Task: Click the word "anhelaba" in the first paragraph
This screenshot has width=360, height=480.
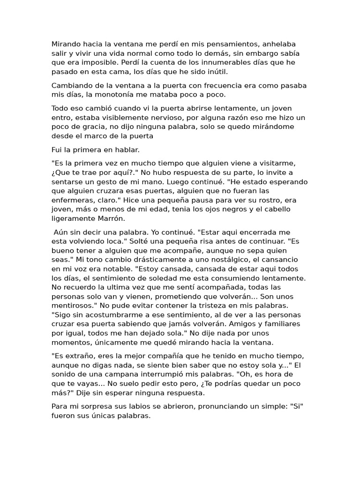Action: click(279, 44)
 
